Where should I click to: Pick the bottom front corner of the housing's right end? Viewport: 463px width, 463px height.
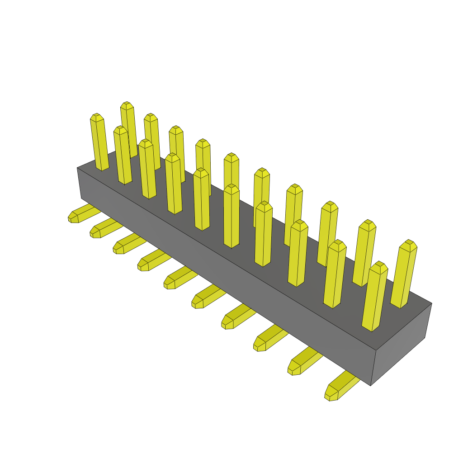coord(371,385)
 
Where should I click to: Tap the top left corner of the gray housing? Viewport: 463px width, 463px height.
coord(78,168)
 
